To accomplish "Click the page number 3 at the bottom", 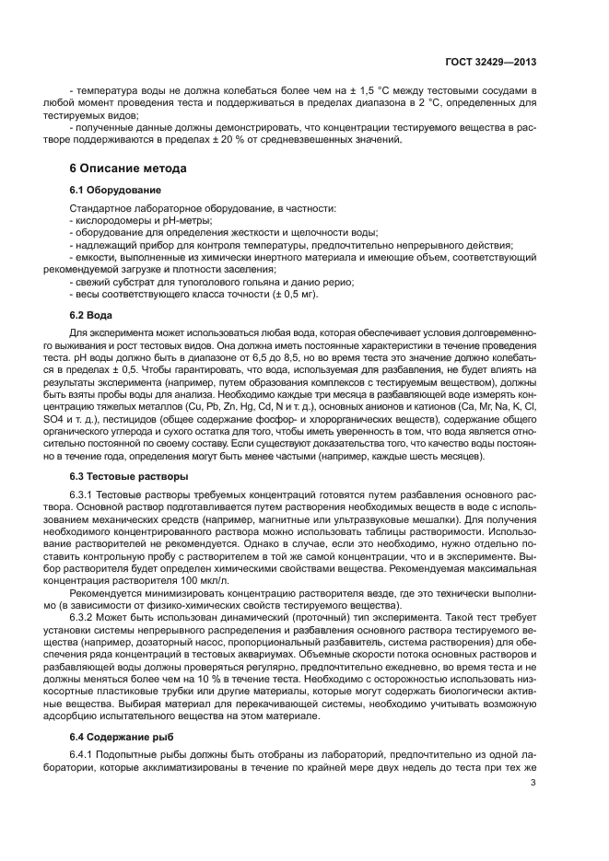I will click(x=534, y=783).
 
